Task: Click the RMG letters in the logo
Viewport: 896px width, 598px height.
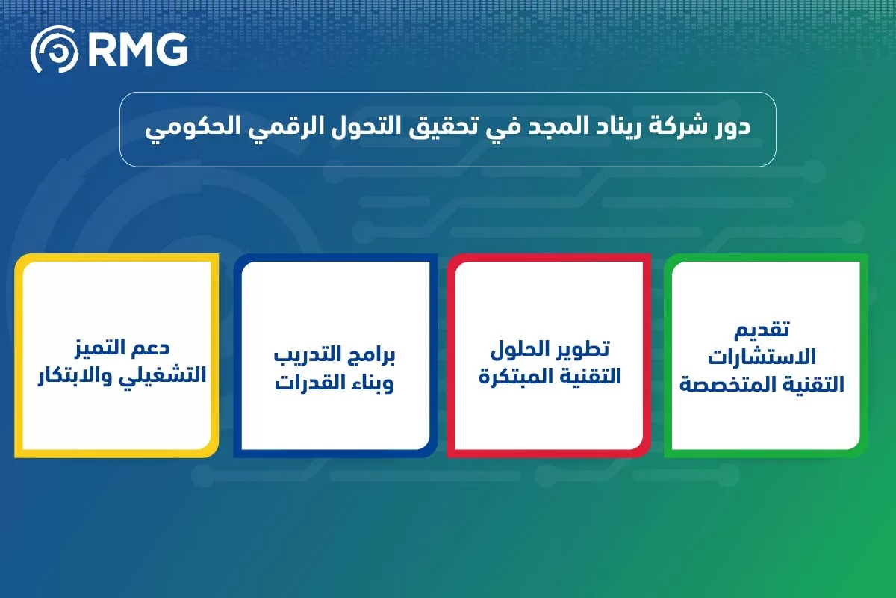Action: click(x=137, y=50)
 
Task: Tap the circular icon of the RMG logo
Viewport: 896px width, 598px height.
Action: click(x=54, y=50)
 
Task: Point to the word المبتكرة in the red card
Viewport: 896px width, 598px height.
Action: click(x=514, y=376)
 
